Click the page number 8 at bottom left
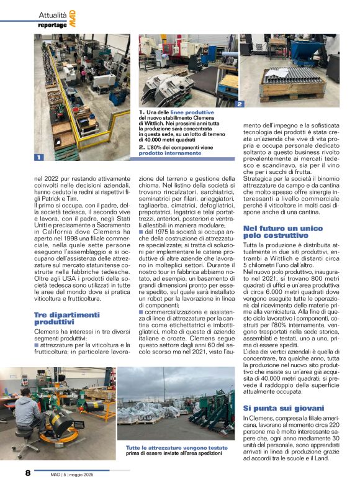tap(28, 473)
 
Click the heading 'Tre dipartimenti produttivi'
tap(67, 319)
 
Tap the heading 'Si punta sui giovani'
tap(284, 408)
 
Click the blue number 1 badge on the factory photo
tap(38, 158)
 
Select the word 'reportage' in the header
tap(52, 25)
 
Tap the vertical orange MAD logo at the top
tap(73, 17)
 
